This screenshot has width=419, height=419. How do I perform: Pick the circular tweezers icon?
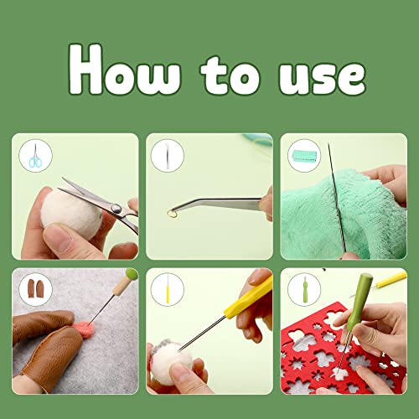coord(168,156)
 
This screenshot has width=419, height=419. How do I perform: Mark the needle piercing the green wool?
coord(335,201)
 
